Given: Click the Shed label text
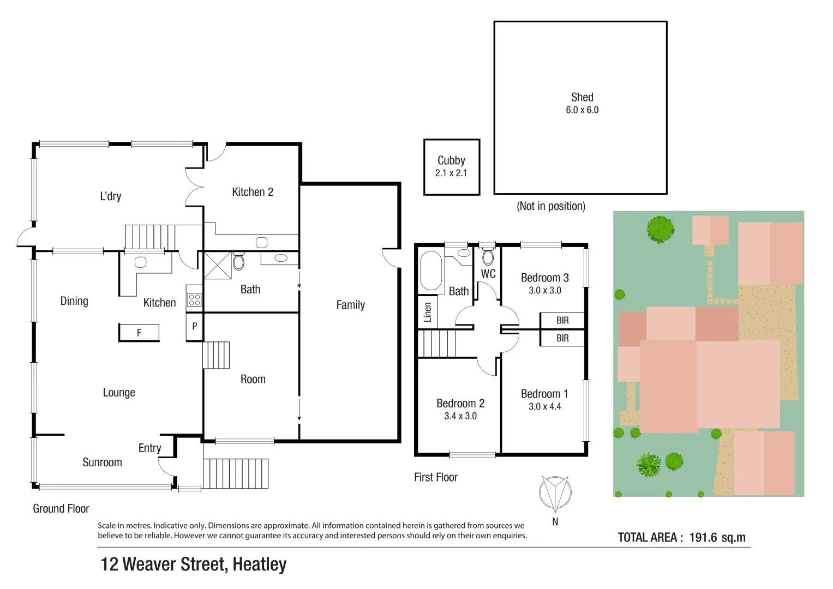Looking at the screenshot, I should click(x=582, y=98).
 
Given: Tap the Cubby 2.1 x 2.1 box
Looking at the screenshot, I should click(x=451, y=167).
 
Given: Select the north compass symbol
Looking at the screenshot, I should click(x=555, y=493).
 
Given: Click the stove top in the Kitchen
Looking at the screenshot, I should click(x=194, y=299).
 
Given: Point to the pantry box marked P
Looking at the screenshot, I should click(x=194, y=326).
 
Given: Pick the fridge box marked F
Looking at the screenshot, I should click(x=139, y=332).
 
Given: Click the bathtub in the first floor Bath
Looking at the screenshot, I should click(x=431, y=271).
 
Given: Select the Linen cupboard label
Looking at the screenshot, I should click(x=428, y=312).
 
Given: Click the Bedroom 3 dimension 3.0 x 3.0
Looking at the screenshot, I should click(x=544, y=291).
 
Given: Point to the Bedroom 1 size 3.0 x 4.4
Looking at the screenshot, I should click(x=544, y=407).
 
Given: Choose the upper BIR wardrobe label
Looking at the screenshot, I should click(x=562, y=321).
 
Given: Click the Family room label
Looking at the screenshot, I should click(x=350, y=305).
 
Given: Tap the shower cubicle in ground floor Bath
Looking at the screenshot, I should click(x=218, y=266).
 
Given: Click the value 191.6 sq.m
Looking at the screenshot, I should click(x=717, y=538).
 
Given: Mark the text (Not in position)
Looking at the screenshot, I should click(x=550, y=206).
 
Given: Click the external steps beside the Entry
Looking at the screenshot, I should click(x=236, y=473).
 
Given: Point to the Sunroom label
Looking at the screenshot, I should click(x=102, y=462).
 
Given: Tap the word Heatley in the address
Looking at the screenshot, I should click(x=259, y=564).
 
